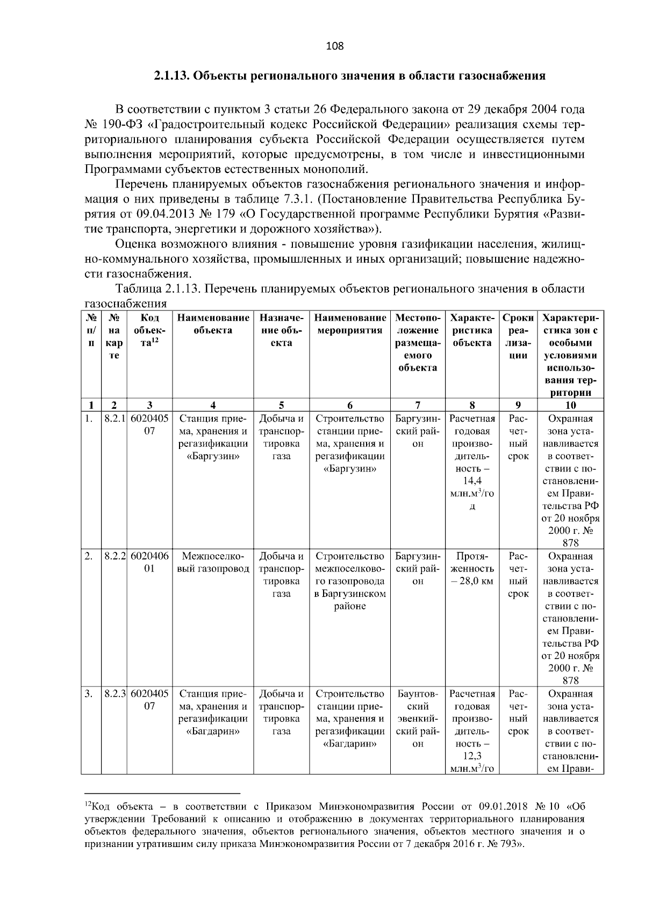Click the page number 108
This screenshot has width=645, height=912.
(x=335, y=46)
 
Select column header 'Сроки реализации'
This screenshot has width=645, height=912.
(x=518, y=336)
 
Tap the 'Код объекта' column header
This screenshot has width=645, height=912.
(x=149, y=330)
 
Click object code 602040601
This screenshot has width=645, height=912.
(x=149, y=562)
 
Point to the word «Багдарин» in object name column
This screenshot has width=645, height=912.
(x=213, y=731)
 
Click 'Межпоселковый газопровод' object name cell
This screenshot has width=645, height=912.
(x=213, y=562)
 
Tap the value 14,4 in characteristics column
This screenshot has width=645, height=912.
(x=472, y=481)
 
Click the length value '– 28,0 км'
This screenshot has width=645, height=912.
(x=472, y=581)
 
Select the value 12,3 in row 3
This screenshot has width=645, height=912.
(x=472, y=756)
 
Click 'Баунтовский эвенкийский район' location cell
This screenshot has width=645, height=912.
(x=418, y=719)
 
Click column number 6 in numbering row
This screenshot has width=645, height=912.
(x=350, y=405)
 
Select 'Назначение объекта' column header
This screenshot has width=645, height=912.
(x=281, y=330)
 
